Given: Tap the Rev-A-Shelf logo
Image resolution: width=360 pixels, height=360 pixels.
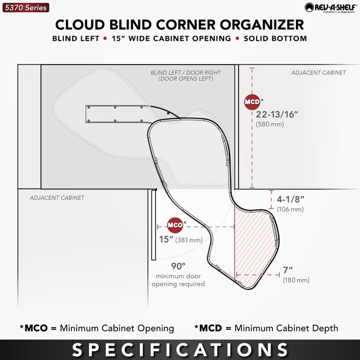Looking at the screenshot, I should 329,7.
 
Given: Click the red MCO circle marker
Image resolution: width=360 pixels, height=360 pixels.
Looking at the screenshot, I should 175,225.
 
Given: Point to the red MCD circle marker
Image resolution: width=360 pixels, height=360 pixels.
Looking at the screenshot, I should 252,102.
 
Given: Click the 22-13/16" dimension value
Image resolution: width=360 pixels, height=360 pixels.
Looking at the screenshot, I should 277,114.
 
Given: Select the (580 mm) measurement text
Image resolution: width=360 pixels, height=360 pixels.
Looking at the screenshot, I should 270,125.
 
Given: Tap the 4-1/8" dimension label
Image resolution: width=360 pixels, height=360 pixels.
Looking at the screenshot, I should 291,200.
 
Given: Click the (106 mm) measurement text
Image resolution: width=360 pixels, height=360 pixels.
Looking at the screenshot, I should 290,209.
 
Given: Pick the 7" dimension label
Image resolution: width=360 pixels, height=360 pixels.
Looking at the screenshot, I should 288,270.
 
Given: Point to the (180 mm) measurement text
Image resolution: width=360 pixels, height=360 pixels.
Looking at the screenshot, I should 295,280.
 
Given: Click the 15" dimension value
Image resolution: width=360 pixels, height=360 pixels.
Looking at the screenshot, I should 166,239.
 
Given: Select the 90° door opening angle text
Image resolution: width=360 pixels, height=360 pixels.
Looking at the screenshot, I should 178,266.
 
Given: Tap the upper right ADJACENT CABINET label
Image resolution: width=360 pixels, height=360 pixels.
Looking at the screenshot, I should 318,72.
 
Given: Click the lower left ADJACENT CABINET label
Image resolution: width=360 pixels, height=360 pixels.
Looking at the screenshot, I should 57,198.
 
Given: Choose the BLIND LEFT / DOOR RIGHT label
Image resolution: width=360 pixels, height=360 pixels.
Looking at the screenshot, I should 185,73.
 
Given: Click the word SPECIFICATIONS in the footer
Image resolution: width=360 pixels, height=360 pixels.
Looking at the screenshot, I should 180,349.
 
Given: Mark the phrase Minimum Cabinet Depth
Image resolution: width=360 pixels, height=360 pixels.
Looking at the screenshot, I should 286,328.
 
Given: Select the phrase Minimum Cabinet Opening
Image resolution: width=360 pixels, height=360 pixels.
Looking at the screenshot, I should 116,328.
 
